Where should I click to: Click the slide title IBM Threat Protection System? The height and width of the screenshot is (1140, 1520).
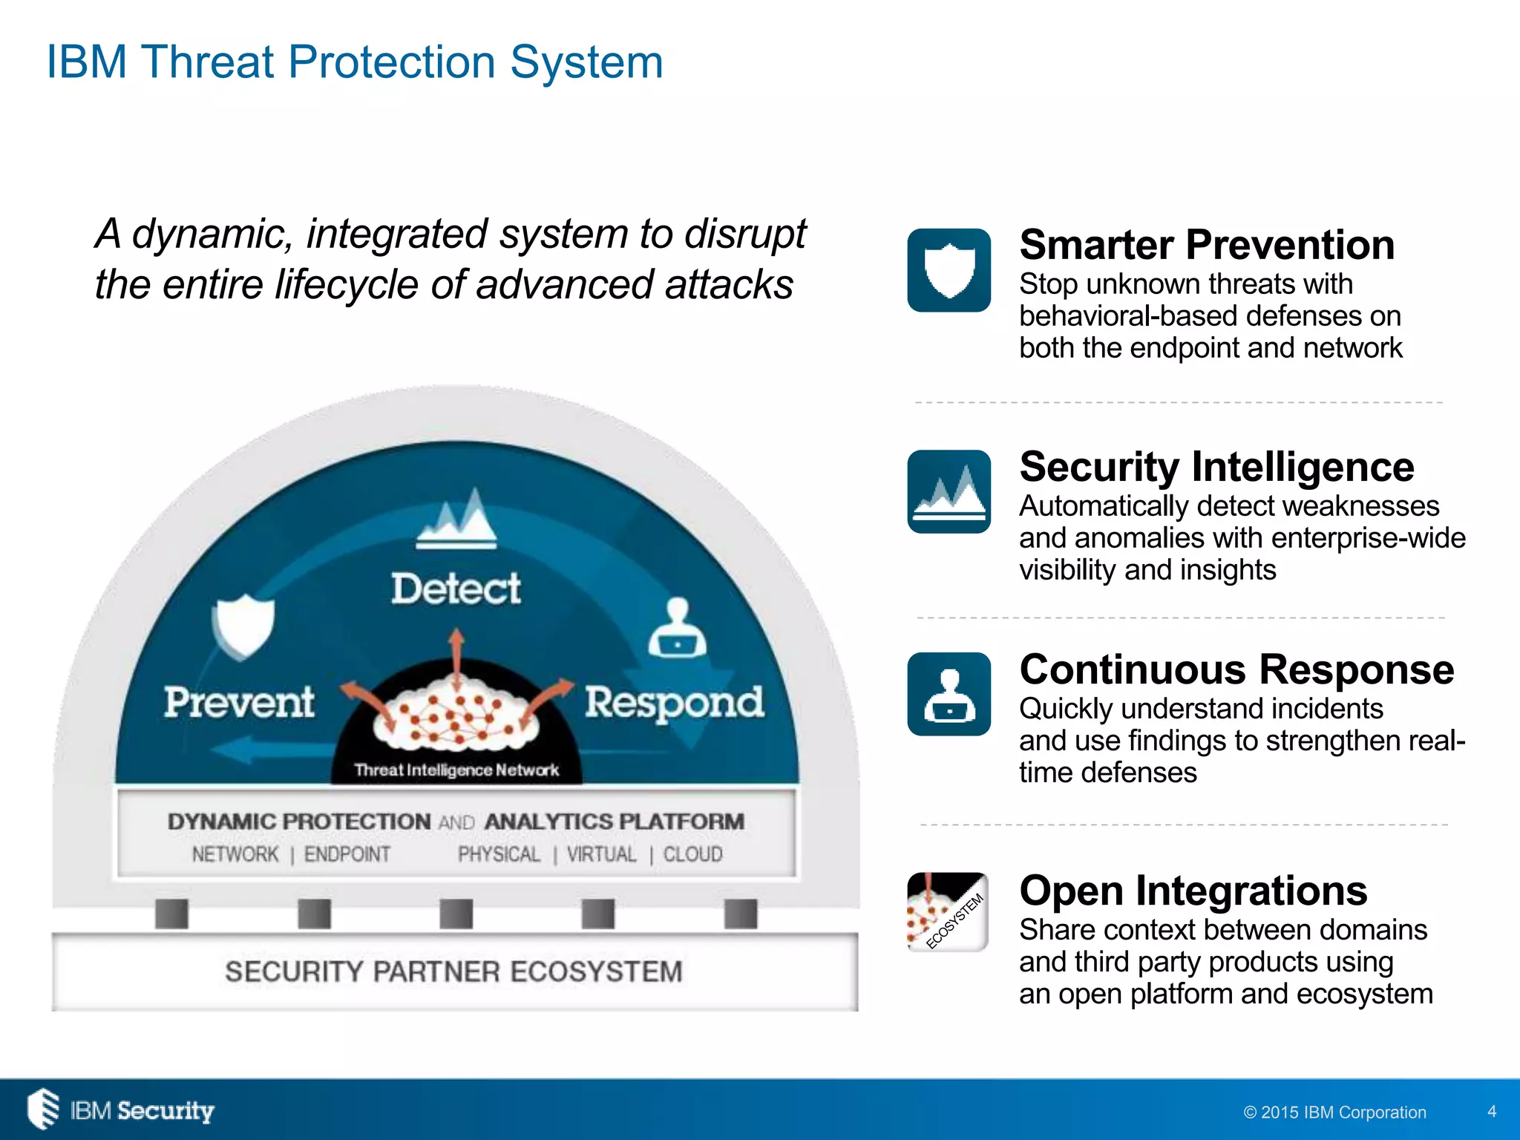(x=354, y=62)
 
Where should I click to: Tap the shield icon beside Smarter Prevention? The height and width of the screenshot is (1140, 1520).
(x=949, y=270)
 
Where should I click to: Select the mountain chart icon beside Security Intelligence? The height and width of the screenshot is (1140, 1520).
(x=949, y=491)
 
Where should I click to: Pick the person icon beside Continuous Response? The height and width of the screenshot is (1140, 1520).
(x=949, y=694)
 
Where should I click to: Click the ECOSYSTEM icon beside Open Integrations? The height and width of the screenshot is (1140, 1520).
(x=948, y=911)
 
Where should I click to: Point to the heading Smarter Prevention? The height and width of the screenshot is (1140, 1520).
(x=1206, y=245)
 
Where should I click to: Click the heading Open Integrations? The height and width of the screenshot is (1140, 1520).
(x=1193, y=891)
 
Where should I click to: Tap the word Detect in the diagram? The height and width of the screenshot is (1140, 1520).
(x=456, y=589)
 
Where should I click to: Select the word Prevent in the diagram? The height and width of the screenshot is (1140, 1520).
(x=239, y=702)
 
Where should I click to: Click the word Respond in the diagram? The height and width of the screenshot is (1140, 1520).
(x=674, y=703)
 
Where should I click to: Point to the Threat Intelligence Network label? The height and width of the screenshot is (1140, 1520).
(x=456, y=770)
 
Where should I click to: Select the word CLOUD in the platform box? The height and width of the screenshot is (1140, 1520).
(x=692, y=854)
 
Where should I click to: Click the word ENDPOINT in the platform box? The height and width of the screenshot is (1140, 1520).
(x=347, y=854)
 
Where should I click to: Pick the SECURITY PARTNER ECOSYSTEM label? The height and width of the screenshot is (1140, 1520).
(x=453, y=972)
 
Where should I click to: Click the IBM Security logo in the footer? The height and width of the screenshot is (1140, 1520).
(x=120, y=1110)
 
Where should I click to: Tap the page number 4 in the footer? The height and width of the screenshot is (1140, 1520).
(x=1492, y=1111)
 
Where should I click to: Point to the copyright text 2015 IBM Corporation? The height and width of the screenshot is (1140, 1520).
(x=1334, y=1112)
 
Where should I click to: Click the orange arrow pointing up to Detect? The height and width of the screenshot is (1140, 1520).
(x=456, y=653)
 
